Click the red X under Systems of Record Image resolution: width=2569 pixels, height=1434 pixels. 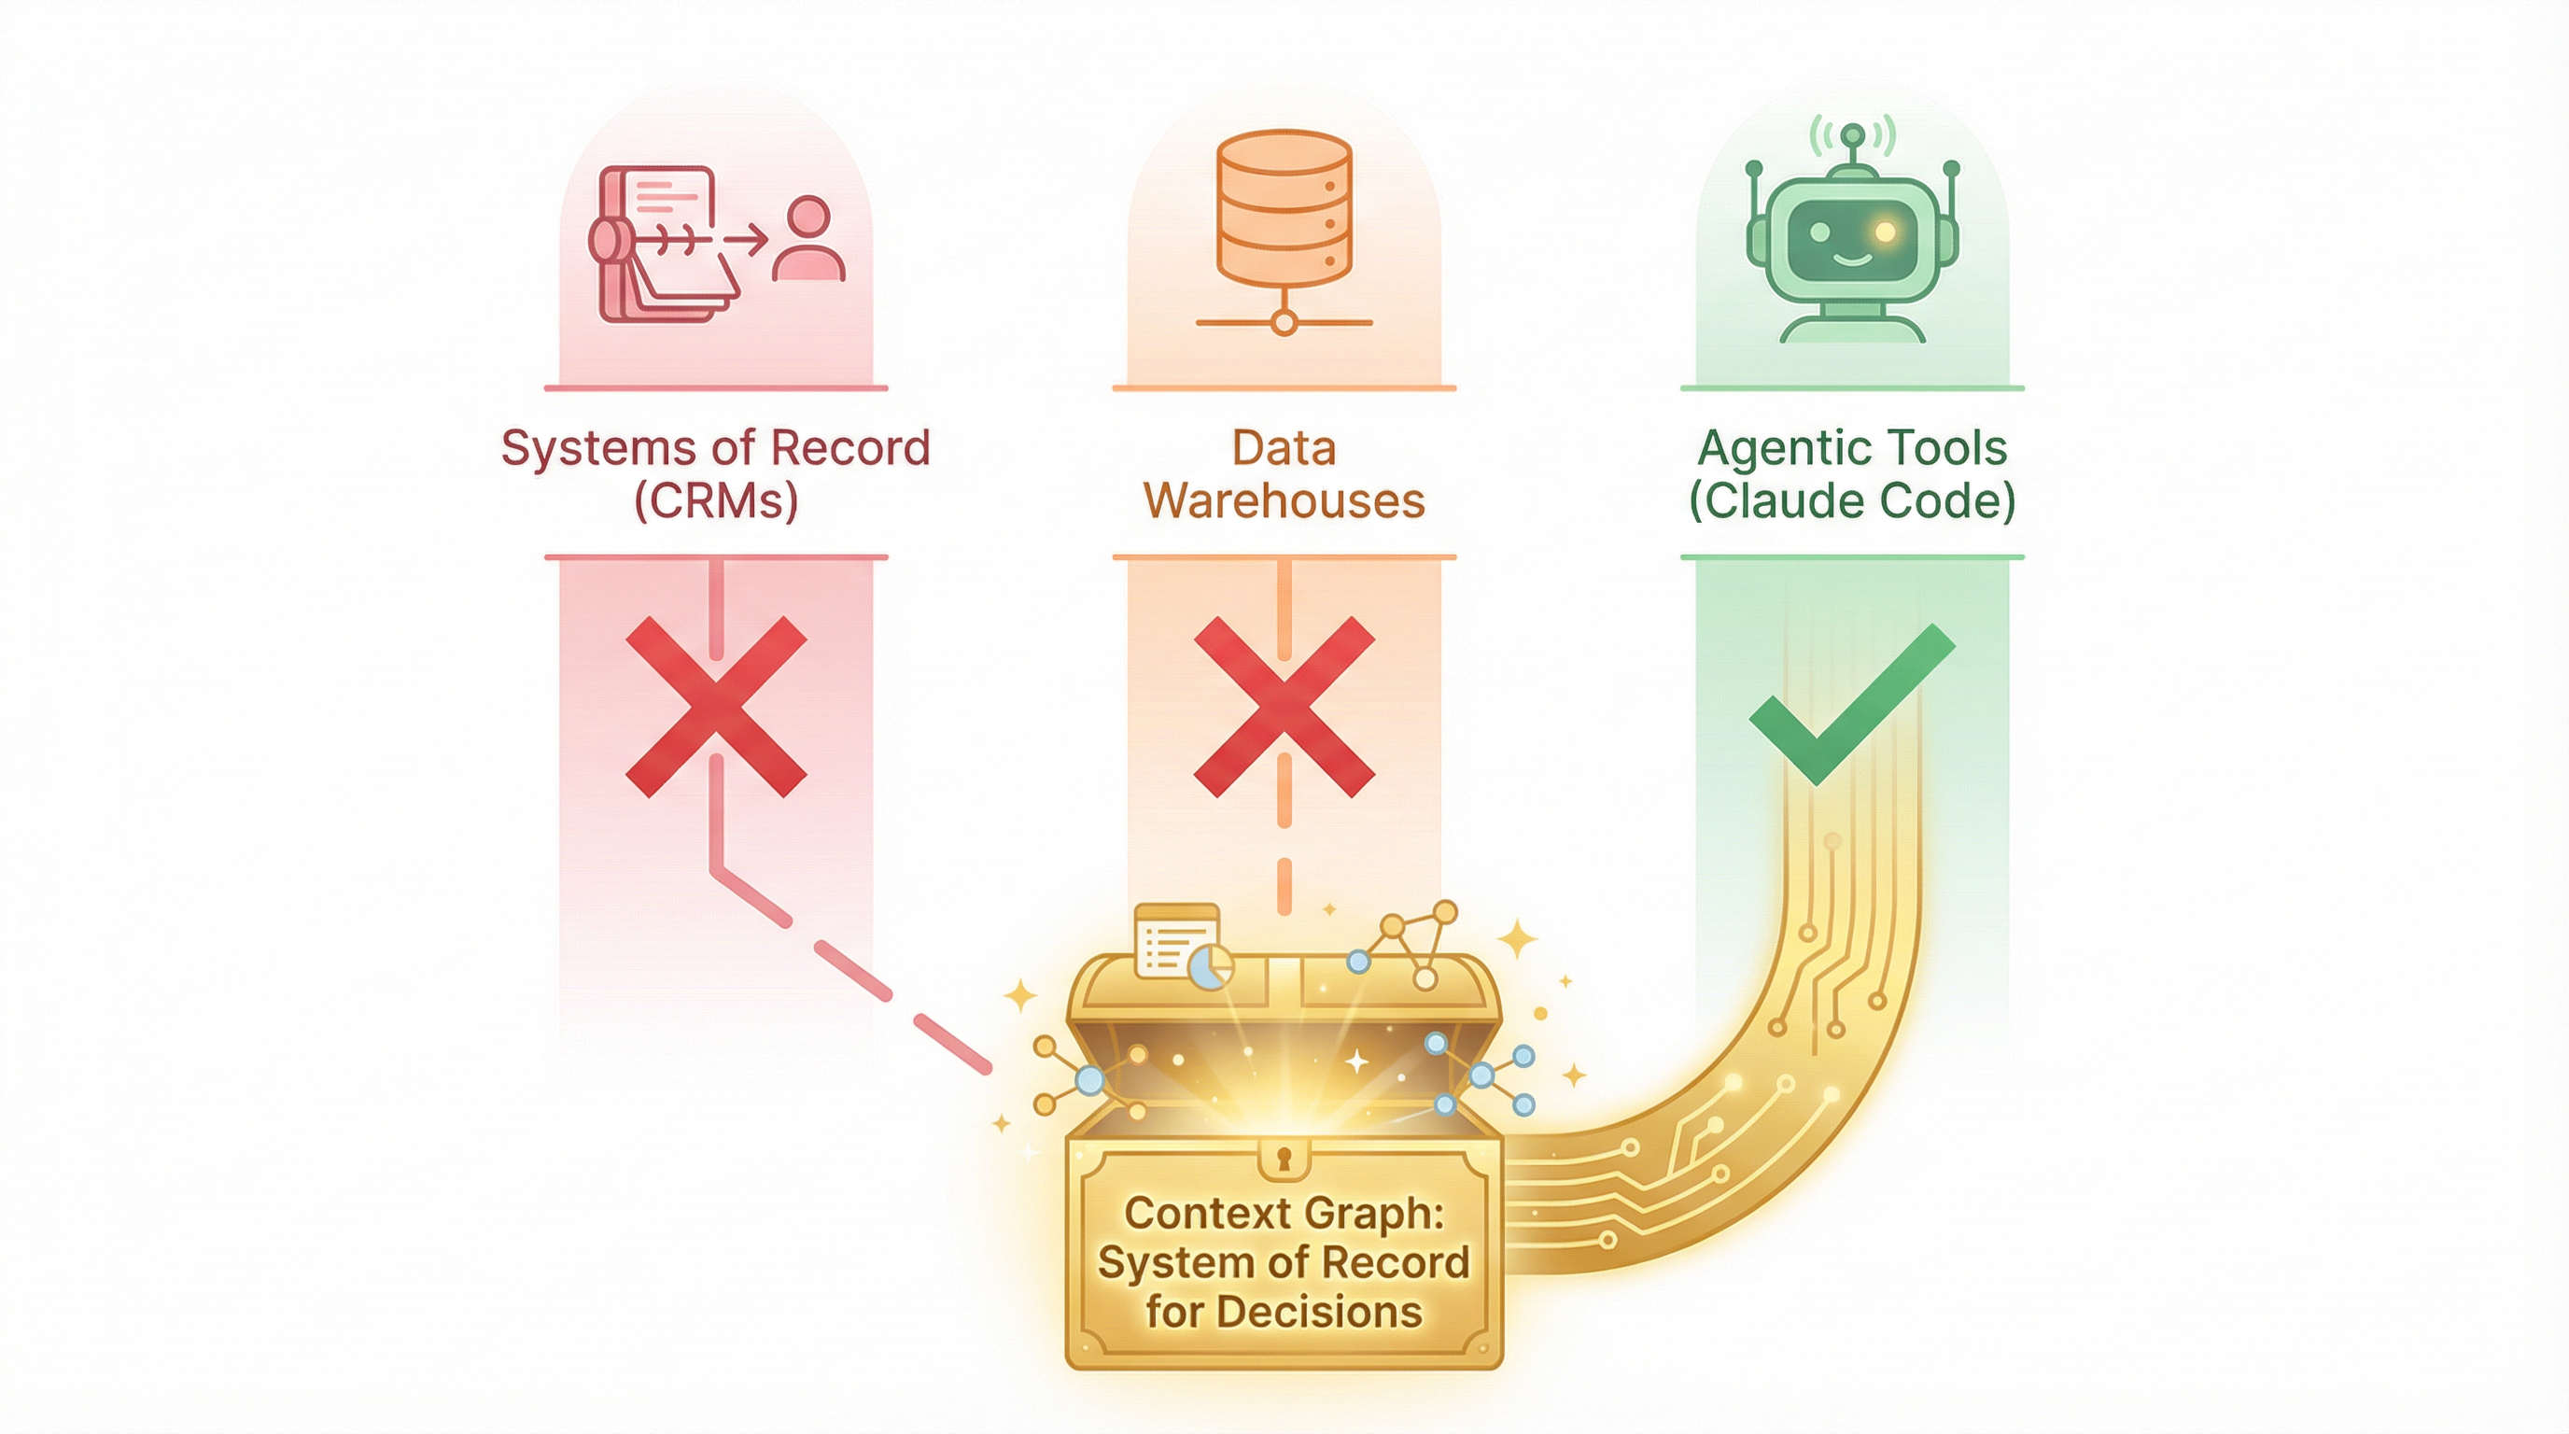point(715,706)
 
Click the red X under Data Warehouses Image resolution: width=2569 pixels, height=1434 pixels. point(1284,706)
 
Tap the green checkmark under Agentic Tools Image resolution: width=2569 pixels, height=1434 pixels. point(1851,703)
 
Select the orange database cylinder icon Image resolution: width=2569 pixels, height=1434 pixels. point(1284,209)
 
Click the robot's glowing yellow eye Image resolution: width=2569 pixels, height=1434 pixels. point(1884,232)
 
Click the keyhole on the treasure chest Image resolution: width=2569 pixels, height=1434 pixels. point(1284,1159)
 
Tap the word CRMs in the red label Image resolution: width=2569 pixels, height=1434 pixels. point(716,500)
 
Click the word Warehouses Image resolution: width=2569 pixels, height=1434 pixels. point(1284,500)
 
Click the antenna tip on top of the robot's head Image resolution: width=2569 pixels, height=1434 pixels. point(1852,134)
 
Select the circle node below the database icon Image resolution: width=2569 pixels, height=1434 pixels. point(1284,323)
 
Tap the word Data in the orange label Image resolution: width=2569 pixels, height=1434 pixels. point(1284,448)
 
